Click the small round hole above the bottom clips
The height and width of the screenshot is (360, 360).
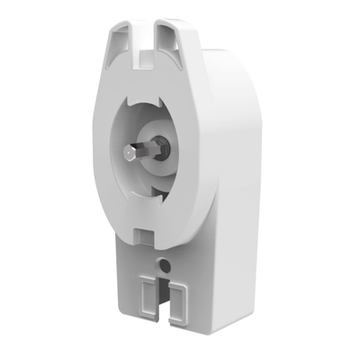[165, 265]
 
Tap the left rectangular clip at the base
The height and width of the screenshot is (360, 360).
[146, 297]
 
